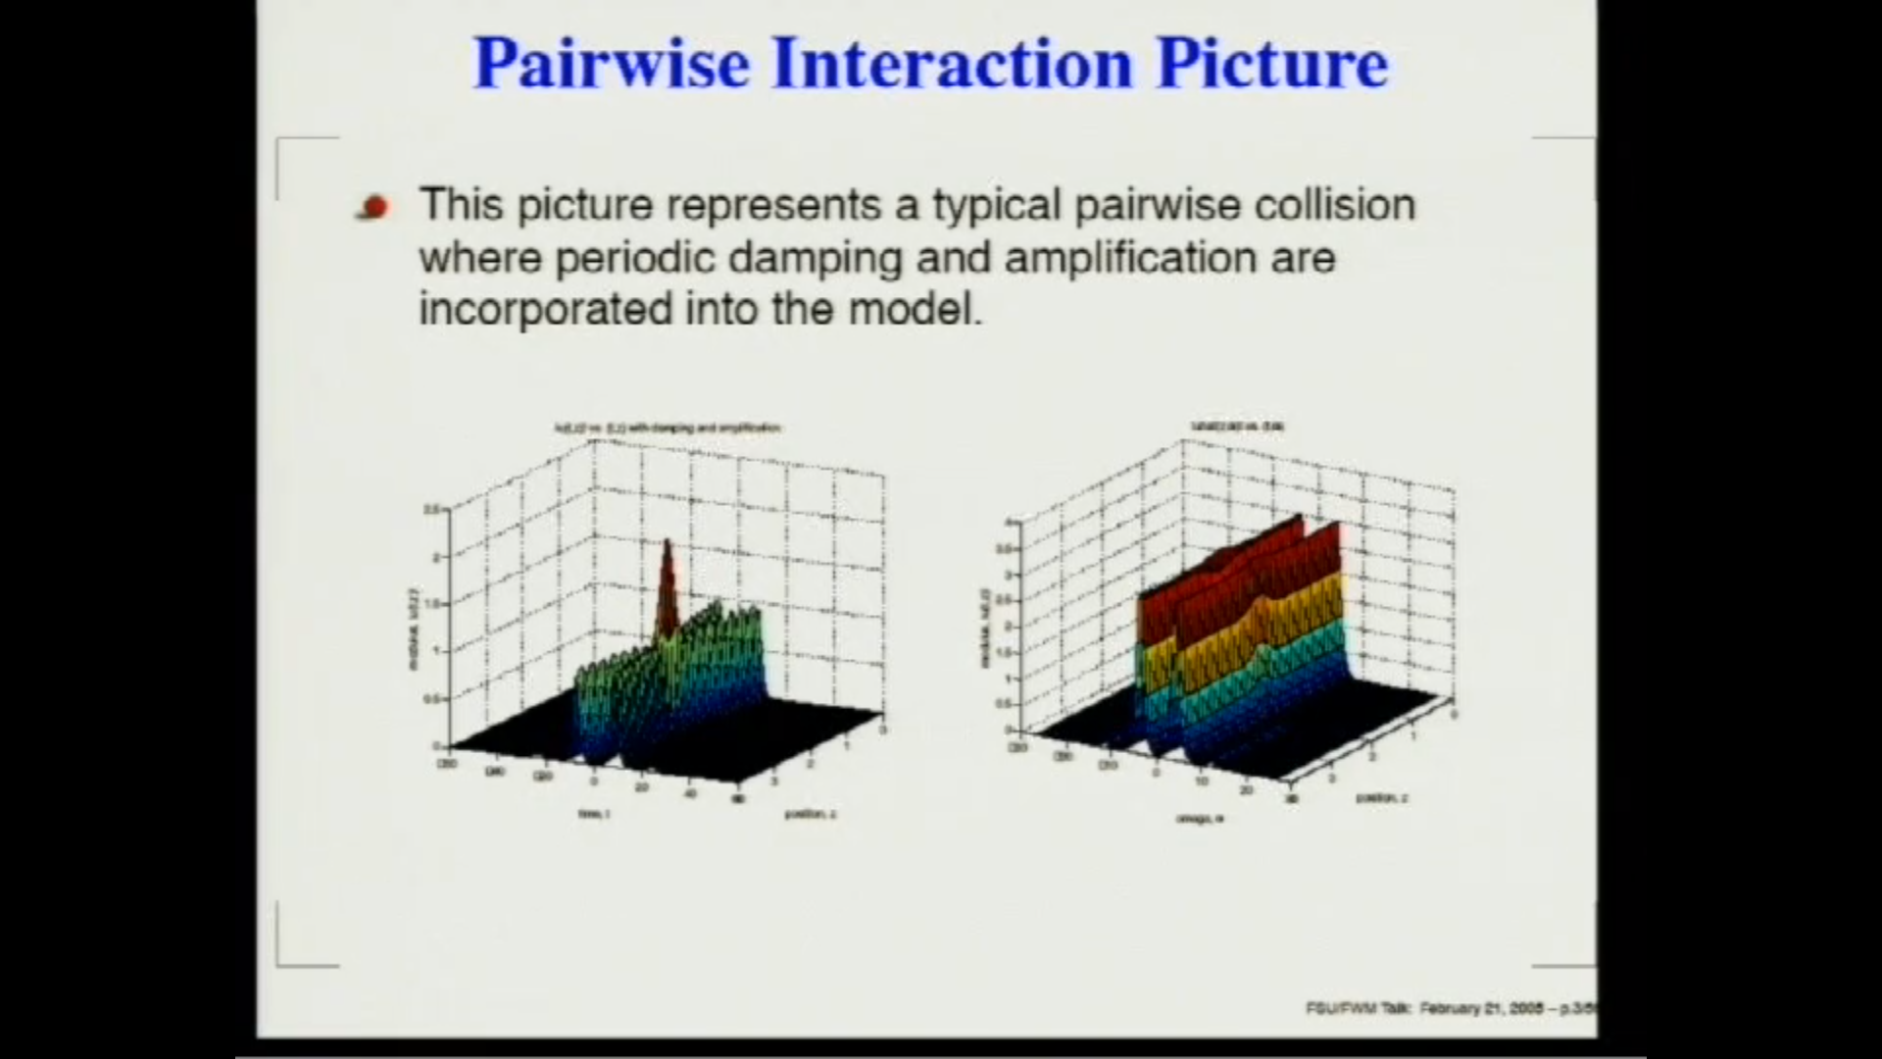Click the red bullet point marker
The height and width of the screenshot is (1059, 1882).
(373, 207)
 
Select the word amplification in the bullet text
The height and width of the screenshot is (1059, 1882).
(1129, 258)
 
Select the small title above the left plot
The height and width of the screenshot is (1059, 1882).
(667, 429)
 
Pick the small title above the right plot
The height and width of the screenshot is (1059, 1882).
(1237, 427)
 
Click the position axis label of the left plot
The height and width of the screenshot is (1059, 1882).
(810, 814)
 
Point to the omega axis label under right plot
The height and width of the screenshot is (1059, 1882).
(1199, 818)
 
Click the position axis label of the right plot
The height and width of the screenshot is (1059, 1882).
(1382, 798)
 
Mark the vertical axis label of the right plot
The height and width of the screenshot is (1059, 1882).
(985, 628)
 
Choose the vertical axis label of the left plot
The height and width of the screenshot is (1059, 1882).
(413, 629)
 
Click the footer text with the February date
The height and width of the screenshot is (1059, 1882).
(1451, 1008)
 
